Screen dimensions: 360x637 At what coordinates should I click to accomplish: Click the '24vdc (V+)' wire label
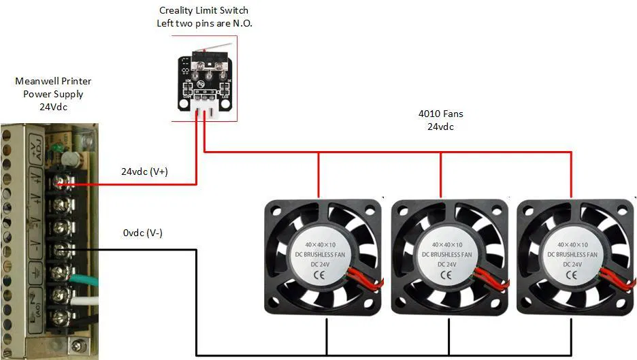(x=144, y=171)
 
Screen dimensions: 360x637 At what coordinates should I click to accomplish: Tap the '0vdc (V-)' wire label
(x=142, y=233)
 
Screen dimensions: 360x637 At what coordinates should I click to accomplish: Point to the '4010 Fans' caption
(x=440, y=114)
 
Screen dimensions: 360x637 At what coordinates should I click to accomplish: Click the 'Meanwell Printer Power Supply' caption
(x=53, y=93)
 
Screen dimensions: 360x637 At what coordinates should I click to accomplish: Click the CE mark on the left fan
(x=319, y=276)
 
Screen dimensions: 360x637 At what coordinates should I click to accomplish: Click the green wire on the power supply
(x=88, y=277)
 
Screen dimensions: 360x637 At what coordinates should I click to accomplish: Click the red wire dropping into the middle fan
(x=441, y=176)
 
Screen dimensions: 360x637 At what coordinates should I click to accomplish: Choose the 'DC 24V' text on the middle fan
(x=447, y=264)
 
